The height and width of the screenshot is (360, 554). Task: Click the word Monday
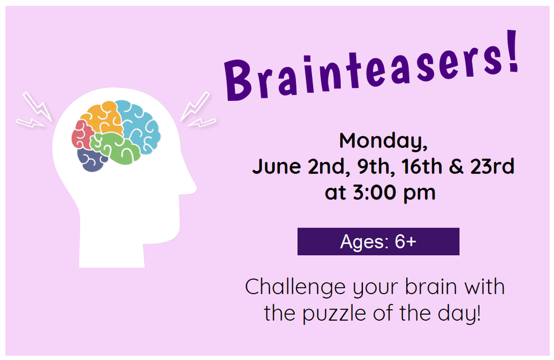tap(383, 141)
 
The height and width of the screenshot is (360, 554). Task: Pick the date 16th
tap(420, 166)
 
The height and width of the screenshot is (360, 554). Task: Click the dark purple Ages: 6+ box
tap(378, 241)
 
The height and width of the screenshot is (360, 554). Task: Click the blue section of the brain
tap(138, 125)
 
